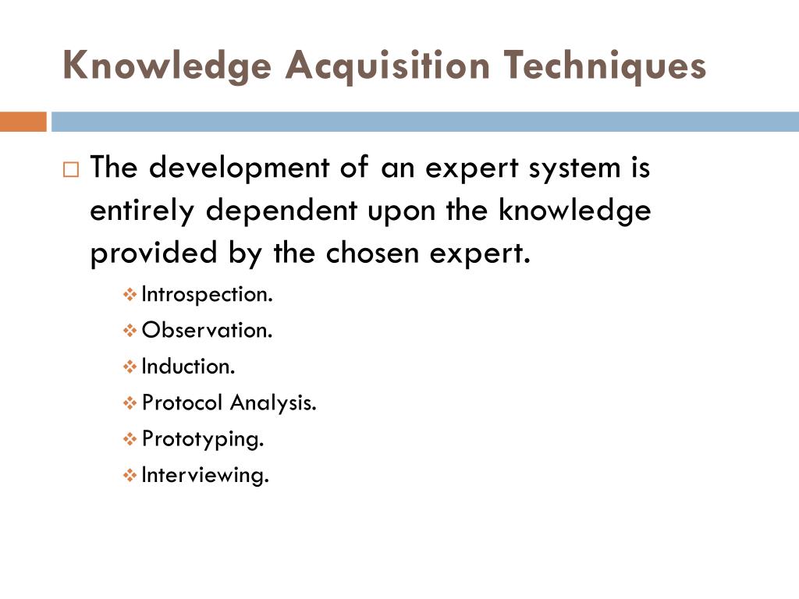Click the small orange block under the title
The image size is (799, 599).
point(23,122)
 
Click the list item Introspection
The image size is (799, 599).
point(208,295)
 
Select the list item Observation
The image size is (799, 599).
point(208,331)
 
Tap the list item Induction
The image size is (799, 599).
point(188,367)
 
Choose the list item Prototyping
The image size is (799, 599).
point(203,439)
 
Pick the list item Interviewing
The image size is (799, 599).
point(205,475)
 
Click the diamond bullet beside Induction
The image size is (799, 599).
point(130,367)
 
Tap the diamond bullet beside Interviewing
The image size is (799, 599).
point(130,475)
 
